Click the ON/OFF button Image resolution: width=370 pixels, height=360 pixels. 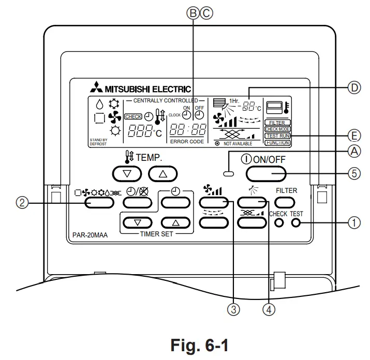266,173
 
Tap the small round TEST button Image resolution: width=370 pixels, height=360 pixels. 296,223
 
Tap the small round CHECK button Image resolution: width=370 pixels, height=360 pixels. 278,223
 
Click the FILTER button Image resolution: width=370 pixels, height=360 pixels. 286,202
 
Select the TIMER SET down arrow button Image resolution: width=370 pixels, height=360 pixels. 137,223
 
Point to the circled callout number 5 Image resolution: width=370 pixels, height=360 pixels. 353,173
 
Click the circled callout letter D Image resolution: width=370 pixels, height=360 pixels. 353,88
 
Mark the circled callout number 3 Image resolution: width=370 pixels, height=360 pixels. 234,309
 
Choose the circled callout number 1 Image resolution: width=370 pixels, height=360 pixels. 353,223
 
